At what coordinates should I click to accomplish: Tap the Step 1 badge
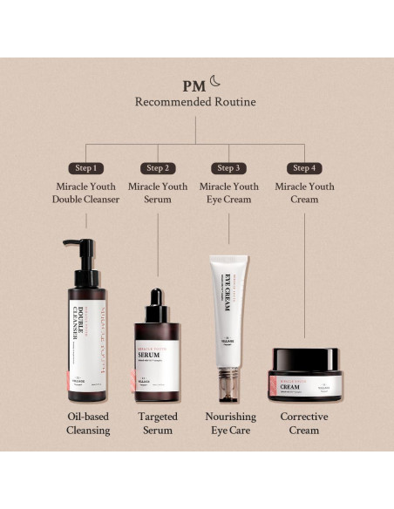point(85,167)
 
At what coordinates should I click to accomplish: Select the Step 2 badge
point(158,167)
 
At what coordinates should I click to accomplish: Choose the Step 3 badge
point(228,167)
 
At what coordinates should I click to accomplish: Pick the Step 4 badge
point(304,167)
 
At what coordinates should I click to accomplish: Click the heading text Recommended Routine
point(195,102)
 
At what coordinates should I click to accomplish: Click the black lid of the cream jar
point(304,356)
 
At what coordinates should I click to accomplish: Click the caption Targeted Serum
point(158,423)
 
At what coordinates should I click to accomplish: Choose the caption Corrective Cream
point(304,423)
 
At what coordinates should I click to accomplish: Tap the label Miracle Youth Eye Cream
point(228,193)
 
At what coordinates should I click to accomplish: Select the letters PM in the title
point(194,85)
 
